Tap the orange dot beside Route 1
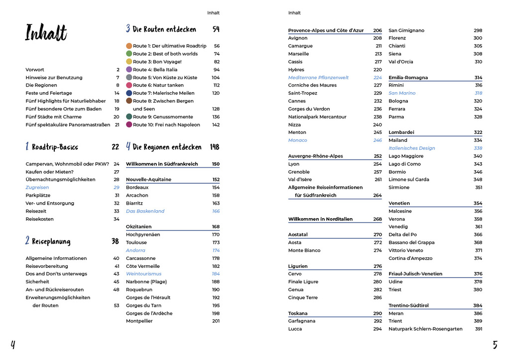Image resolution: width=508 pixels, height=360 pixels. click(x=129, y=46)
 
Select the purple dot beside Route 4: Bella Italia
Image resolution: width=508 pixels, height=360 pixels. click(x=129, y=70)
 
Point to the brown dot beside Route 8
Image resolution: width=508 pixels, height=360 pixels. click(x=129, y=101)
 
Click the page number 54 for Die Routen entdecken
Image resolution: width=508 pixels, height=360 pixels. click(x=216, y=29)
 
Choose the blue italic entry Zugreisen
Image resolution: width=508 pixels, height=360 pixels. click(x=37, y=188)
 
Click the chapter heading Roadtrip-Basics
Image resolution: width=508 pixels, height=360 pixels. click(x=55, y=147)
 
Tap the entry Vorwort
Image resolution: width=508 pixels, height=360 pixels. click(x=35, y=70)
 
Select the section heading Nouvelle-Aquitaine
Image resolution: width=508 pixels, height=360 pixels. click(x=148, y=180)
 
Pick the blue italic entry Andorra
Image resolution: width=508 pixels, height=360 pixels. click(x=135, y=250)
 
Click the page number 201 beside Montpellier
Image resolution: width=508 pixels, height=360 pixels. click(x=216, y=321)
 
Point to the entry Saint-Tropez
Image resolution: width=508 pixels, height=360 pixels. click(x=302, y=93)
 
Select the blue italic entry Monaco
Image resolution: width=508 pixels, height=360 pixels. click(x=297, y=140)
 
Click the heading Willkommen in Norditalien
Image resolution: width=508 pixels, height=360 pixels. click(x=320, y=219)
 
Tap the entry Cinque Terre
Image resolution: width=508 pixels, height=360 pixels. click(x=303, y=298)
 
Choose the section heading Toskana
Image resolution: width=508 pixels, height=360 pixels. click(x=298, y=314)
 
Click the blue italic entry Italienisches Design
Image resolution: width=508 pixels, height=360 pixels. click(x=411, y=148)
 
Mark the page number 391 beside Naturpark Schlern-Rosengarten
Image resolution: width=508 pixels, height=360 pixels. click(x=478, y=329)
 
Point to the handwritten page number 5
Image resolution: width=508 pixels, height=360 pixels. click(x=495, y=345)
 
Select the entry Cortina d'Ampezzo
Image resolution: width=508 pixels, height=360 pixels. click(x=410, y=258)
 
